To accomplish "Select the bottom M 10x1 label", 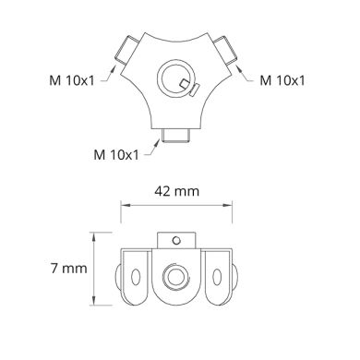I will coord(118,150).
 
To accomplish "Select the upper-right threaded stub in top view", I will coord(225,48).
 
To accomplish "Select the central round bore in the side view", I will coord(173,278).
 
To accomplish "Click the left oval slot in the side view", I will coord(135,277).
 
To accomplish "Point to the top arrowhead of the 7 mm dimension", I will coord(92,236).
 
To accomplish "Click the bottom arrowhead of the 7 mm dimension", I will coord(92,306).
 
